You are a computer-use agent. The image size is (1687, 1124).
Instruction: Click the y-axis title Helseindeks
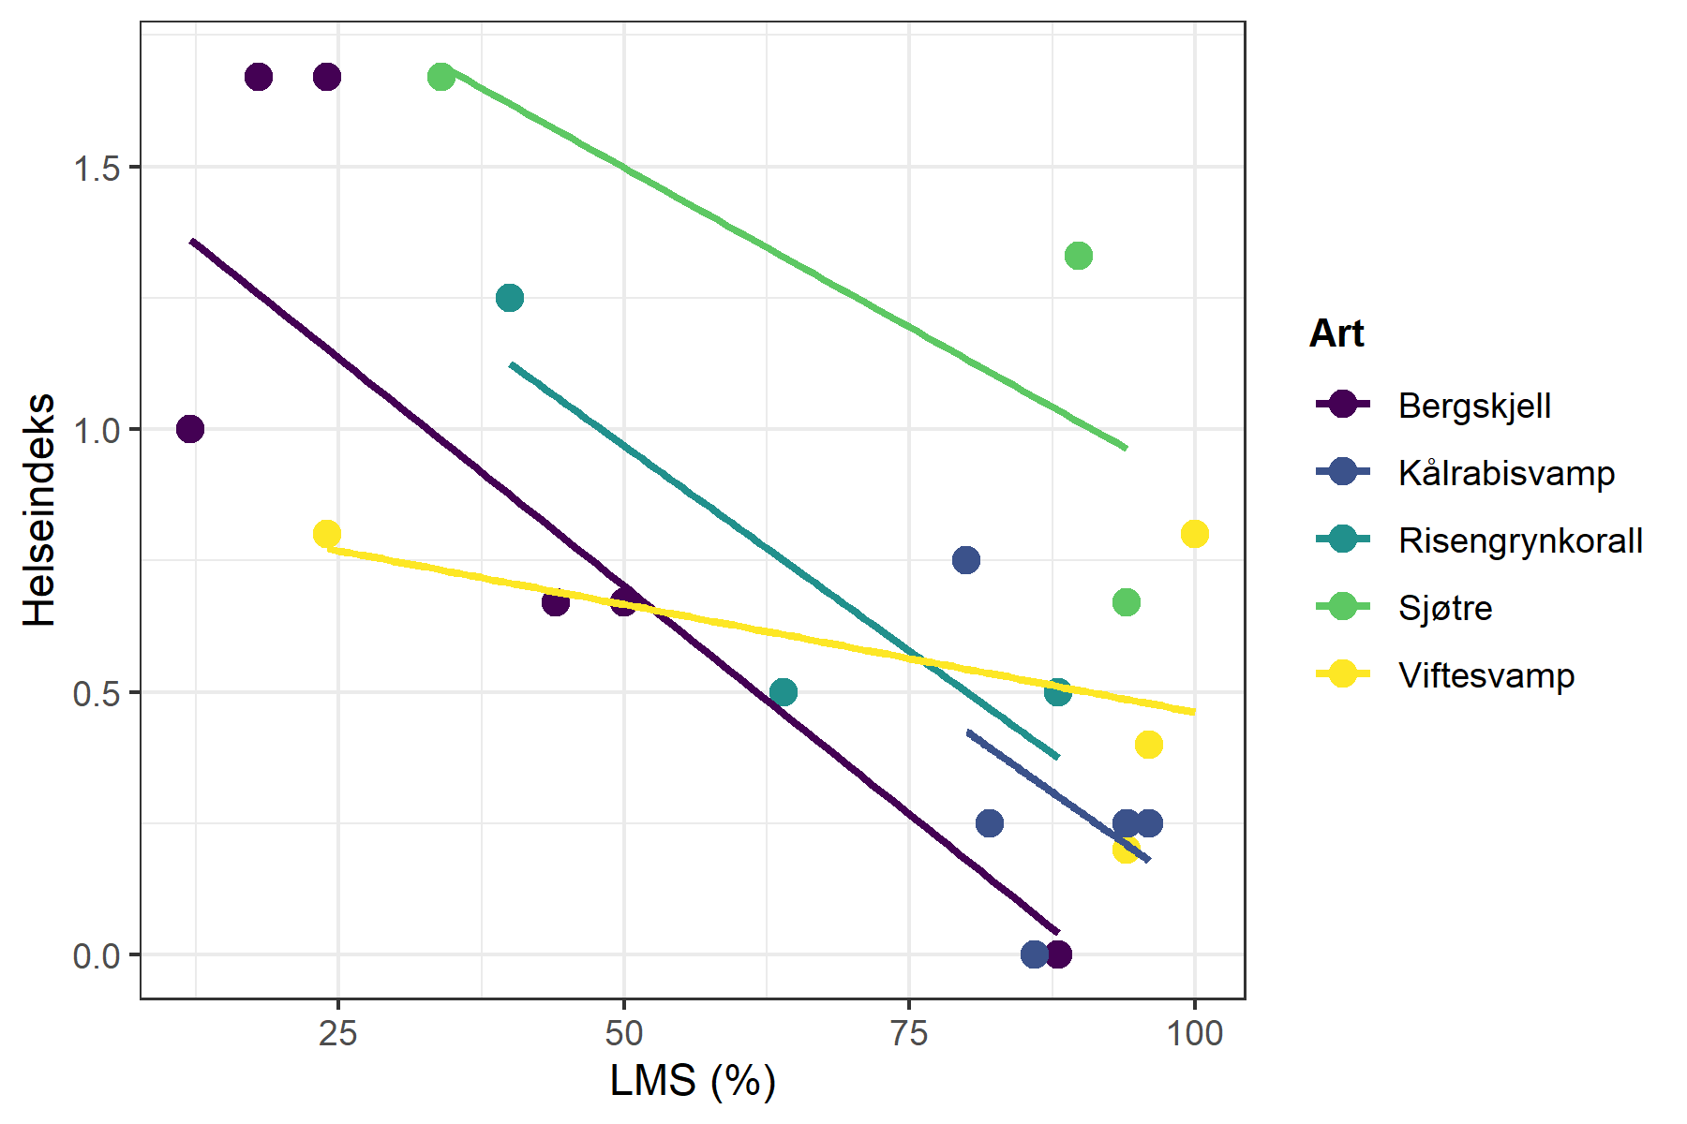pos(39,510)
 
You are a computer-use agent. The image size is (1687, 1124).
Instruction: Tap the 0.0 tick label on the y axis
pos(97,956)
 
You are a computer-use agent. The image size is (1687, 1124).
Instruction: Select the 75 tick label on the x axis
pos(908,1033)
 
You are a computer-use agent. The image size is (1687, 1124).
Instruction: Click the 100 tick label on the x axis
pos(1194,1033)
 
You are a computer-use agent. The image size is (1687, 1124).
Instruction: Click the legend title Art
pos(1336,333)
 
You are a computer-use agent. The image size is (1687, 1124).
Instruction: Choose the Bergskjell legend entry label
pos(1474,406)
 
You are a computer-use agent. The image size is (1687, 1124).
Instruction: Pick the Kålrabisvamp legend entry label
pos(1506,473)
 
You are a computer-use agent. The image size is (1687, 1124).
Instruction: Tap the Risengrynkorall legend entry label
pos(1520,540)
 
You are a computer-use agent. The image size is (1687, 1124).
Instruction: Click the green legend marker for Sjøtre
pos(1343,607)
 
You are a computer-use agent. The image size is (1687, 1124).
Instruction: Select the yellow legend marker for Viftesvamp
pos(1343,674)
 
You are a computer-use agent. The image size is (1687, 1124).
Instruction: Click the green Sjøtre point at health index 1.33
pos(1079,256)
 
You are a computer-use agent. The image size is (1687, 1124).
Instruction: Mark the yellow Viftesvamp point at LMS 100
pos(1194,534)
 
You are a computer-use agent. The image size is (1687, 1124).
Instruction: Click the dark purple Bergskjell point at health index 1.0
pos(190,429)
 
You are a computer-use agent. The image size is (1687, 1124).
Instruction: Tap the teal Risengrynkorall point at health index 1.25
pos(509,298)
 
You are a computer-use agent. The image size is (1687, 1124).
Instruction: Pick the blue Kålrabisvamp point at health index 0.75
pos(966,560)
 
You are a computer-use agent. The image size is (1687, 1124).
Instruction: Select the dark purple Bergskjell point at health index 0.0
pos(1058,954)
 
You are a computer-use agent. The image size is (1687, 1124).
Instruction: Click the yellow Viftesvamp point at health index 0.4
pos(1149,745)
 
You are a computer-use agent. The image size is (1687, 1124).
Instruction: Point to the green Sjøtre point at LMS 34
pos(441,77)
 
